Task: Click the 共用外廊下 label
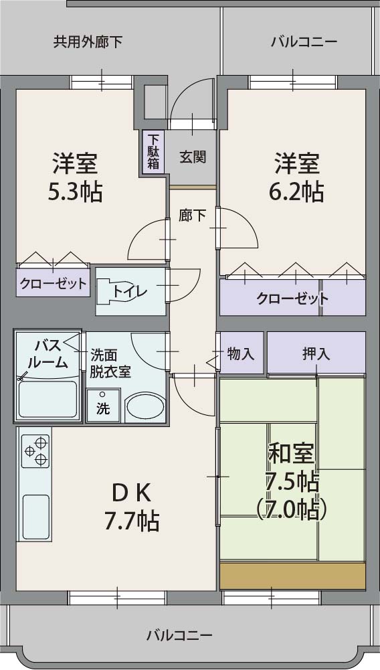click(x=88, y=42)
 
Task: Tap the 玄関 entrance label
click(x=192, y=157)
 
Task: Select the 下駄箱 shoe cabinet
click(x=153, y=153)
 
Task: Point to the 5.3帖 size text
click(x=74, y=192)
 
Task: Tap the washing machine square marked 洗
click(x=103, y=407)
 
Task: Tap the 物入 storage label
click(x=241, y=354)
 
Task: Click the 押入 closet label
click(x=316, y=354)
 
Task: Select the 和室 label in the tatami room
click(x=291, y=453)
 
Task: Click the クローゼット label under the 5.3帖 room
click(x=54, y=283)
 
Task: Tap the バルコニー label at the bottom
click(x=179, y=635)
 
